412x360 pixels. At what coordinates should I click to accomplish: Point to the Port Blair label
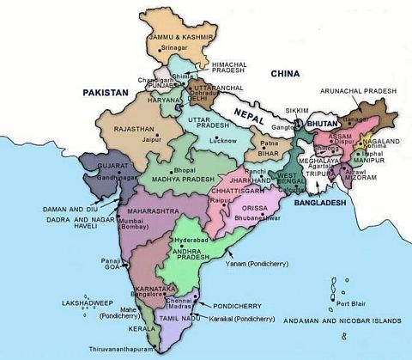click(x=353, y=303)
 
